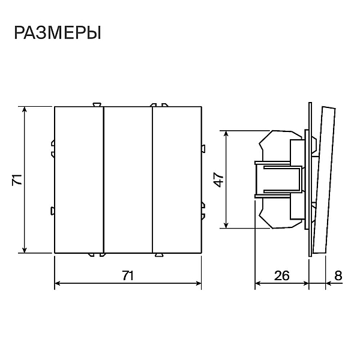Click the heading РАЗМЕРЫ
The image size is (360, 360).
click(x=58, y=33)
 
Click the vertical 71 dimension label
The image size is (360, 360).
click(x=17, y=179)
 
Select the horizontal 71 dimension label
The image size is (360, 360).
click(x=128, y=275)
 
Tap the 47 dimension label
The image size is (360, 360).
click(x=219, y=180)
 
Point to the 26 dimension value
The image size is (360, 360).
click(x=282, y=275)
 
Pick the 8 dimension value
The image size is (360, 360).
click(x=338, y=275)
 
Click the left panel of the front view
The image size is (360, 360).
click(x=79, y=180)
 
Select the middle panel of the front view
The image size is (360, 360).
click(x=128, y=180)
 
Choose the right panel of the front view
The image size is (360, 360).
click(x=177, y=180)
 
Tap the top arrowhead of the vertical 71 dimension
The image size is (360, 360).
click(x=25, y=109)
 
